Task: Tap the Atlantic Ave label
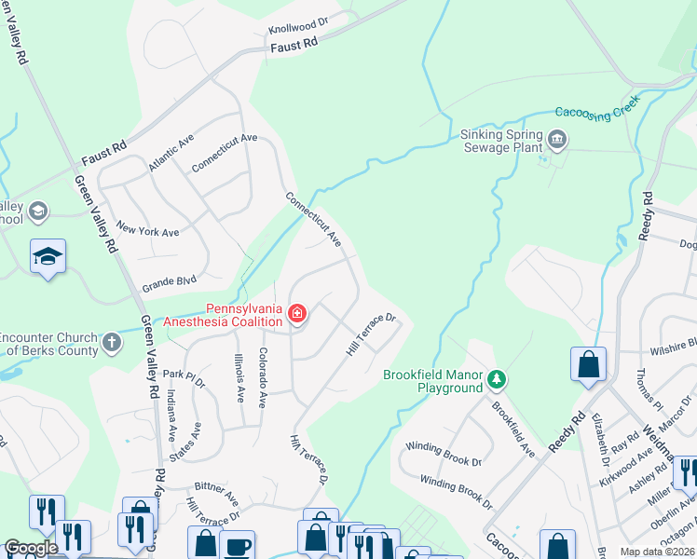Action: pyautogui.click(x=171, y=153)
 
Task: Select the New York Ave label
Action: pyautogui.click(x=147, y=231)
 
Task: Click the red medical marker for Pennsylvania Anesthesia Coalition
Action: pyautogui.click(x=296, y=314)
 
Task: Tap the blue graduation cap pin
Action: pyautogui.click(x=48, y=256)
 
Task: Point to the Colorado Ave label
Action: pyautogui.click(x=264, y=378)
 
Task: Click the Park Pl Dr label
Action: pyautogui.click(x=184, y=375)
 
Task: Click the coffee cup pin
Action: pyautogui.click(x=237, y=543)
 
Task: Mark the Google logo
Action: pyautogui.click(x=31, y=548)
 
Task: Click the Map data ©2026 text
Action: pyautogui.click(x=658, y=552)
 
